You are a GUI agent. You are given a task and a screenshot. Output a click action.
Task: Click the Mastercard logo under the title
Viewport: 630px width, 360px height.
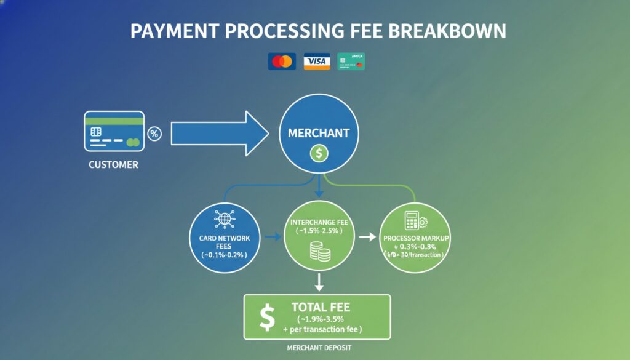(x=282, y=61)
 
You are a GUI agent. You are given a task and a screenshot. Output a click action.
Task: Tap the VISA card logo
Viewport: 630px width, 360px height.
(x=317, y=61)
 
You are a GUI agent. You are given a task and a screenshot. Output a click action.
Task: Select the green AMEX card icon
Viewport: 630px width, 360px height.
(x=351, y=61)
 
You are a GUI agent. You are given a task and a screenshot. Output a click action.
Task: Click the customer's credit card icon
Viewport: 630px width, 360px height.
(x=114, y=131)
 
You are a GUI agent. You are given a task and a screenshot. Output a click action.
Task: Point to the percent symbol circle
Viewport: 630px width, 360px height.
(x=154, y=134)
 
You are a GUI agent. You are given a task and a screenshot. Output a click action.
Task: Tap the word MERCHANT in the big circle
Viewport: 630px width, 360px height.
(x=318, y=133)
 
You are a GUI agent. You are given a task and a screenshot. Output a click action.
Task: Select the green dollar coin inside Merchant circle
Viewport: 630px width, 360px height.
(x=319, y=153)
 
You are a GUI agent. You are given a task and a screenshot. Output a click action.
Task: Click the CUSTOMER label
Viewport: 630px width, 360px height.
(x=113, y=165)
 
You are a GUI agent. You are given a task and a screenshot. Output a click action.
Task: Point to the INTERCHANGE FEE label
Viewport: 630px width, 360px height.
(x=318, y=221)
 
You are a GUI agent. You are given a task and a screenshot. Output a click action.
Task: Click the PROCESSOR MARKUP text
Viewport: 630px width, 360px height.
(x=417, y=238)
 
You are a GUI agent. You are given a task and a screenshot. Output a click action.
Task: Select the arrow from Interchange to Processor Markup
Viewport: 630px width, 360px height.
(x=367, y=236)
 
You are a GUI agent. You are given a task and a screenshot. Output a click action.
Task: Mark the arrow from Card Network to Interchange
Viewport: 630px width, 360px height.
(x=270, y=236)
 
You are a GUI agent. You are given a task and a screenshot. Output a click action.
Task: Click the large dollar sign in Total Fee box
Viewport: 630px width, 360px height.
(x=267, y=317)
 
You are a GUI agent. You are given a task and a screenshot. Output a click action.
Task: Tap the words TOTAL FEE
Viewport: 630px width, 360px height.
(x=324, y=306)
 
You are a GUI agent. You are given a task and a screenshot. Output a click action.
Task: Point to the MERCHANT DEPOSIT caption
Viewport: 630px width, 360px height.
(x=318, y=348)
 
